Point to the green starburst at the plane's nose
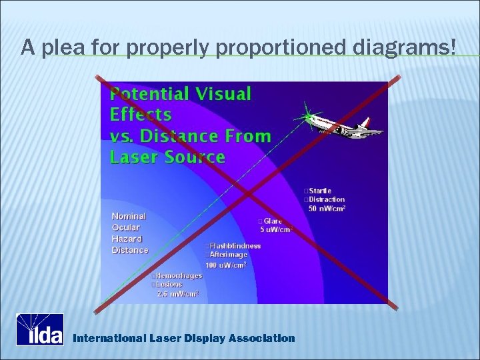307,117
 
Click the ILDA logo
40,329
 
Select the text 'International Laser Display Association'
183,338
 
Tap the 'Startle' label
319,191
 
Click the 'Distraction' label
326,199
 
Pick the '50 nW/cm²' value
327,209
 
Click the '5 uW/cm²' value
276,230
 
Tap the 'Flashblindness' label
235,245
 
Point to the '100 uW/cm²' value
226,265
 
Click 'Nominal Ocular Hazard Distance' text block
129,233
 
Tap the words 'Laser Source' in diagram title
167,157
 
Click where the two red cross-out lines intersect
246,193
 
